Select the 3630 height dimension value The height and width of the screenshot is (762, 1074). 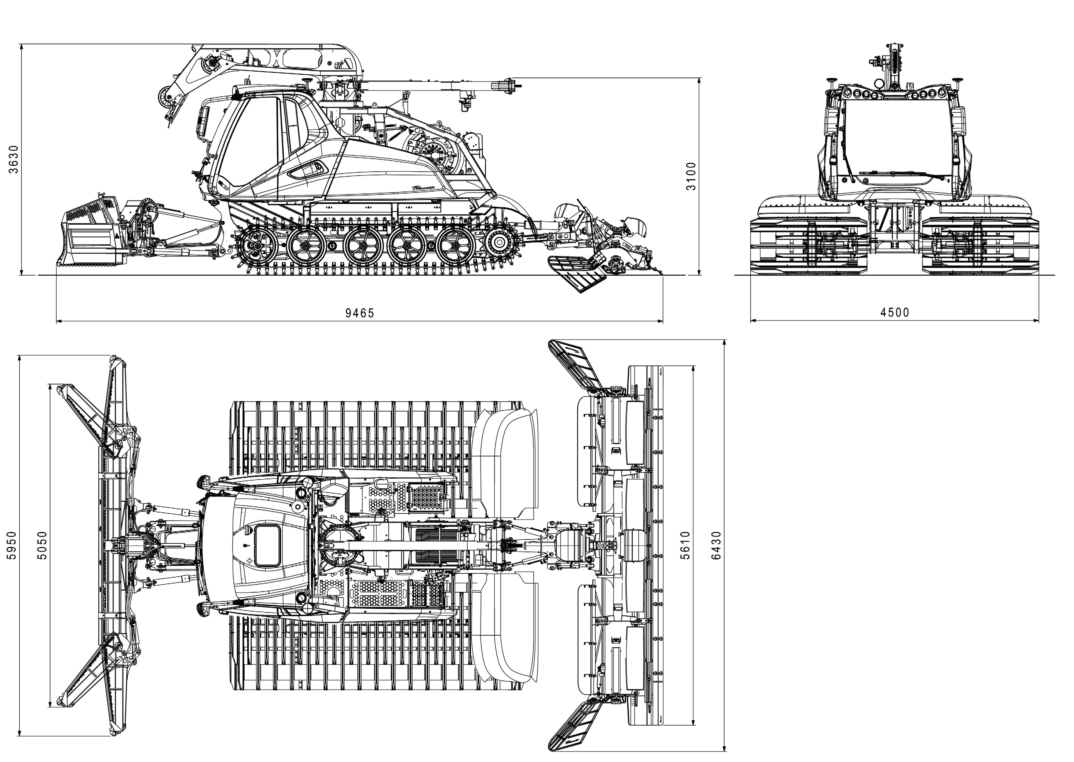(14, 159)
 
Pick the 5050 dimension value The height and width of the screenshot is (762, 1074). (42, 545)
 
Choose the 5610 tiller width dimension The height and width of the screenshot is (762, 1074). (685, 545)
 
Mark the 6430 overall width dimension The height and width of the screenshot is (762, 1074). (716, 545)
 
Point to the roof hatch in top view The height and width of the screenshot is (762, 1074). (267, 545)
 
